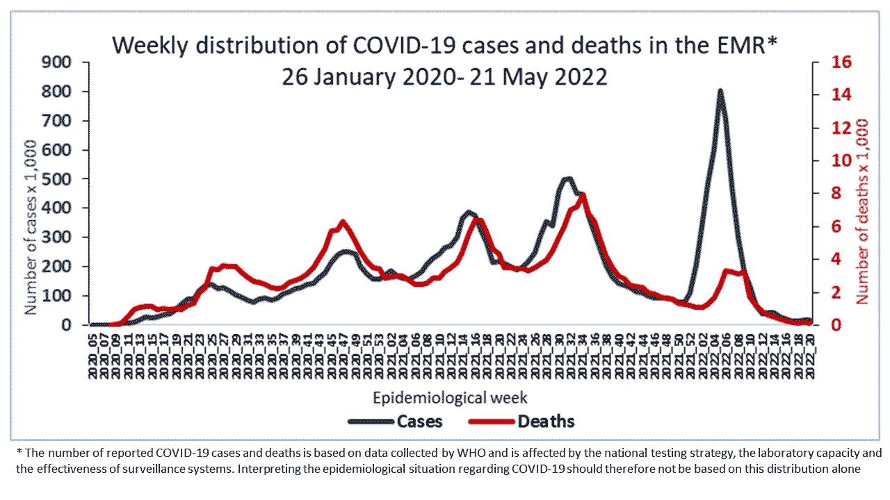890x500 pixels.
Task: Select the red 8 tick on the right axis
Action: click(829, 194)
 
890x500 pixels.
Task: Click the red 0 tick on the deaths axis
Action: click(829, 325)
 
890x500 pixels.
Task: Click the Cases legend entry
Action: click(395, 421)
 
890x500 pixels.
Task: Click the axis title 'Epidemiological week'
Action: click(450, 398)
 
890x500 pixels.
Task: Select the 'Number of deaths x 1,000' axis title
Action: click(862, 210)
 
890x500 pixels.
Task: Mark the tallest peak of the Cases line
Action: click(720, 90)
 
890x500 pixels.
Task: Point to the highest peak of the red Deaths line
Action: click(583, 195)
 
